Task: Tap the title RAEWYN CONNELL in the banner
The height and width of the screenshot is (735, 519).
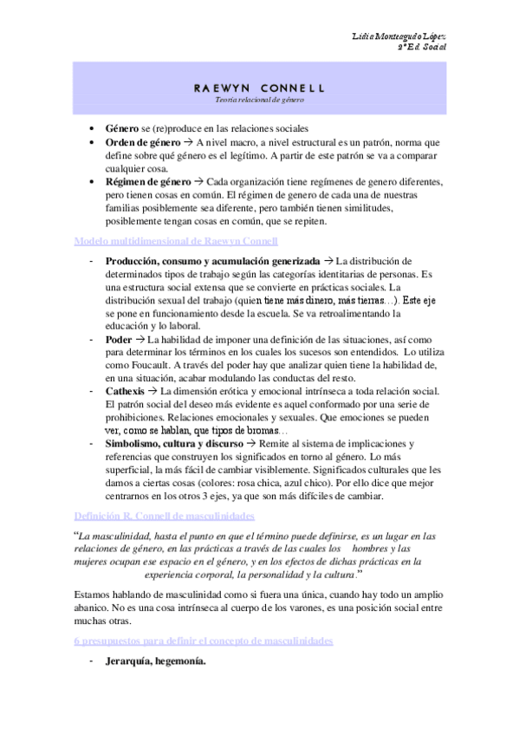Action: tap(259, 88)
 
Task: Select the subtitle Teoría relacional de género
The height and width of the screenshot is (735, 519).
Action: tap(259, 101)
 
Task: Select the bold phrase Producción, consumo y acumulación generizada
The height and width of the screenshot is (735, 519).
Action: tap(212, 261)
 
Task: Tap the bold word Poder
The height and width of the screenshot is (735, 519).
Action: tap(119, 339)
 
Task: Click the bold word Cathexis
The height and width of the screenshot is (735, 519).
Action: tap(127, 391)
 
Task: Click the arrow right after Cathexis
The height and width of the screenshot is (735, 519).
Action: tap(157, 391)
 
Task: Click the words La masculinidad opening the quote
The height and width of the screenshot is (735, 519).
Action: tap(112, 536)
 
